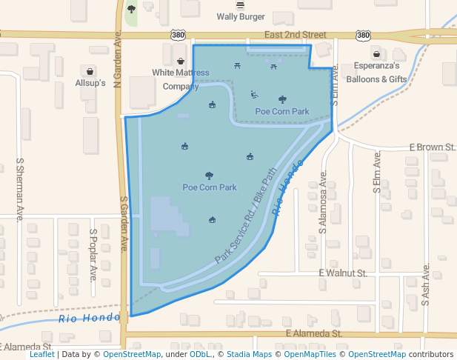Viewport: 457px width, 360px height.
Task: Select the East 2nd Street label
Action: click(x=295, y=35)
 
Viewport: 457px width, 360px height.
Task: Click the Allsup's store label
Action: click(x=91, y=84)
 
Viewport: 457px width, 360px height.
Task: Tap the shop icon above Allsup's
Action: click(x=91, y=72)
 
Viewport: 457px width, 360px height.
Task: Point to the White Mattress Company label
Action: click(x=181, y=79)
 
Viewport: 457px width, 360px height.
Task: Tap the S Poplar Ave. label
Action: click(x=93, y=254)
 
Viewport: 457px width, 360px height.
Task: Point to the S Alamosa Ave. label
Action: click(x=323, y=203)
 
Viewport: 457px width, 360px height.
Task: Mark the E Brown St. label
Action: click(x=432, y=147)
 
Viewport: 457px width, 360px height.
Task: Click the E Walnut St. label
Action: click(x=343, y=273)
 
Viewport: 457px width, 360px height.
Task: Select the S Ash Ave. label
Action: click(x=426, y=285)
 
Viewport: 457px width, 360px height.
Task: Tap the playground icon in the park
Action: click(x=254, y=94)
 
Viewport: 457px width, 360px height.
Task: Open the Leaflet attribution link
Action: click(x=41, y=355)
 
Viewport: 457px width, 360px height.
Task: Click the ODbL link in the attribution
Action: click(x=200, y=355)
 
